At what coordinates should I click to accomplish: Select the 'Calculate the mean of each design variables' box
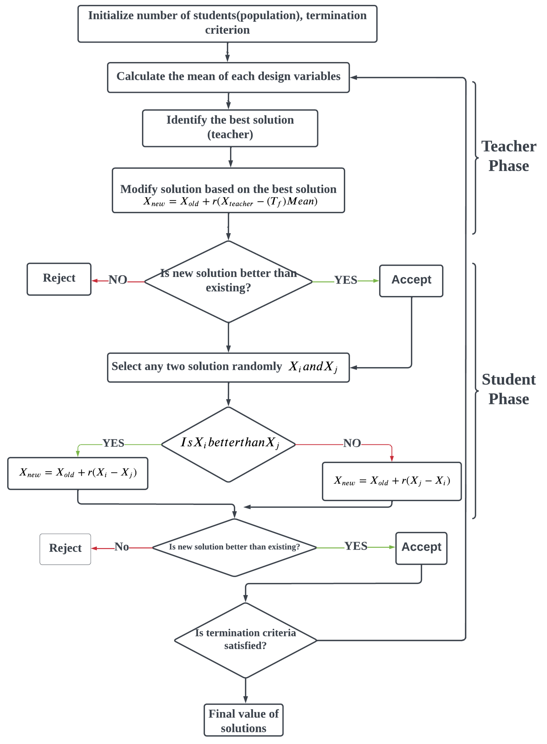pos(228,77)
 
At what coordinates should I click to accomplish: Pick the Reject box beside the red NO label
pos(59,278)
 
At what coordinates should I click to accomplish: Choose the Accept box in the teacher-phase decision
pos(411,280)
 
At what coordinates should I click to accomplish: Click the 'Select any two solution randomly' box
pos(228,367)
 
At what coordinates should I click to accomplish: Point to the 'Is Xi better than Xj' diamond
pos(228,444)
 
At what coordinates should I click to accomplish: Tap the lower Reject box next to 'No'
pos(65,548)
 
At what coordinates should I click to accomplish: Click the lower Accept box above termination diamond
pos(421,548)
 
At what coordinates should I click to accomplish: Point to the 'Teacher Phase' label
pos(509,156)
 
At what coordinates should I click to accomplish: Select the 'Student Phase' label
pos(509,389)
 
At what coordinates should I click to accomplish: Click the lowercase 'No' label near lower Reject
pos(122,547)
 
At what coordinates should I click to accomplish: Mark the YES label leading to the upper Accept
pos(345,280)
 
